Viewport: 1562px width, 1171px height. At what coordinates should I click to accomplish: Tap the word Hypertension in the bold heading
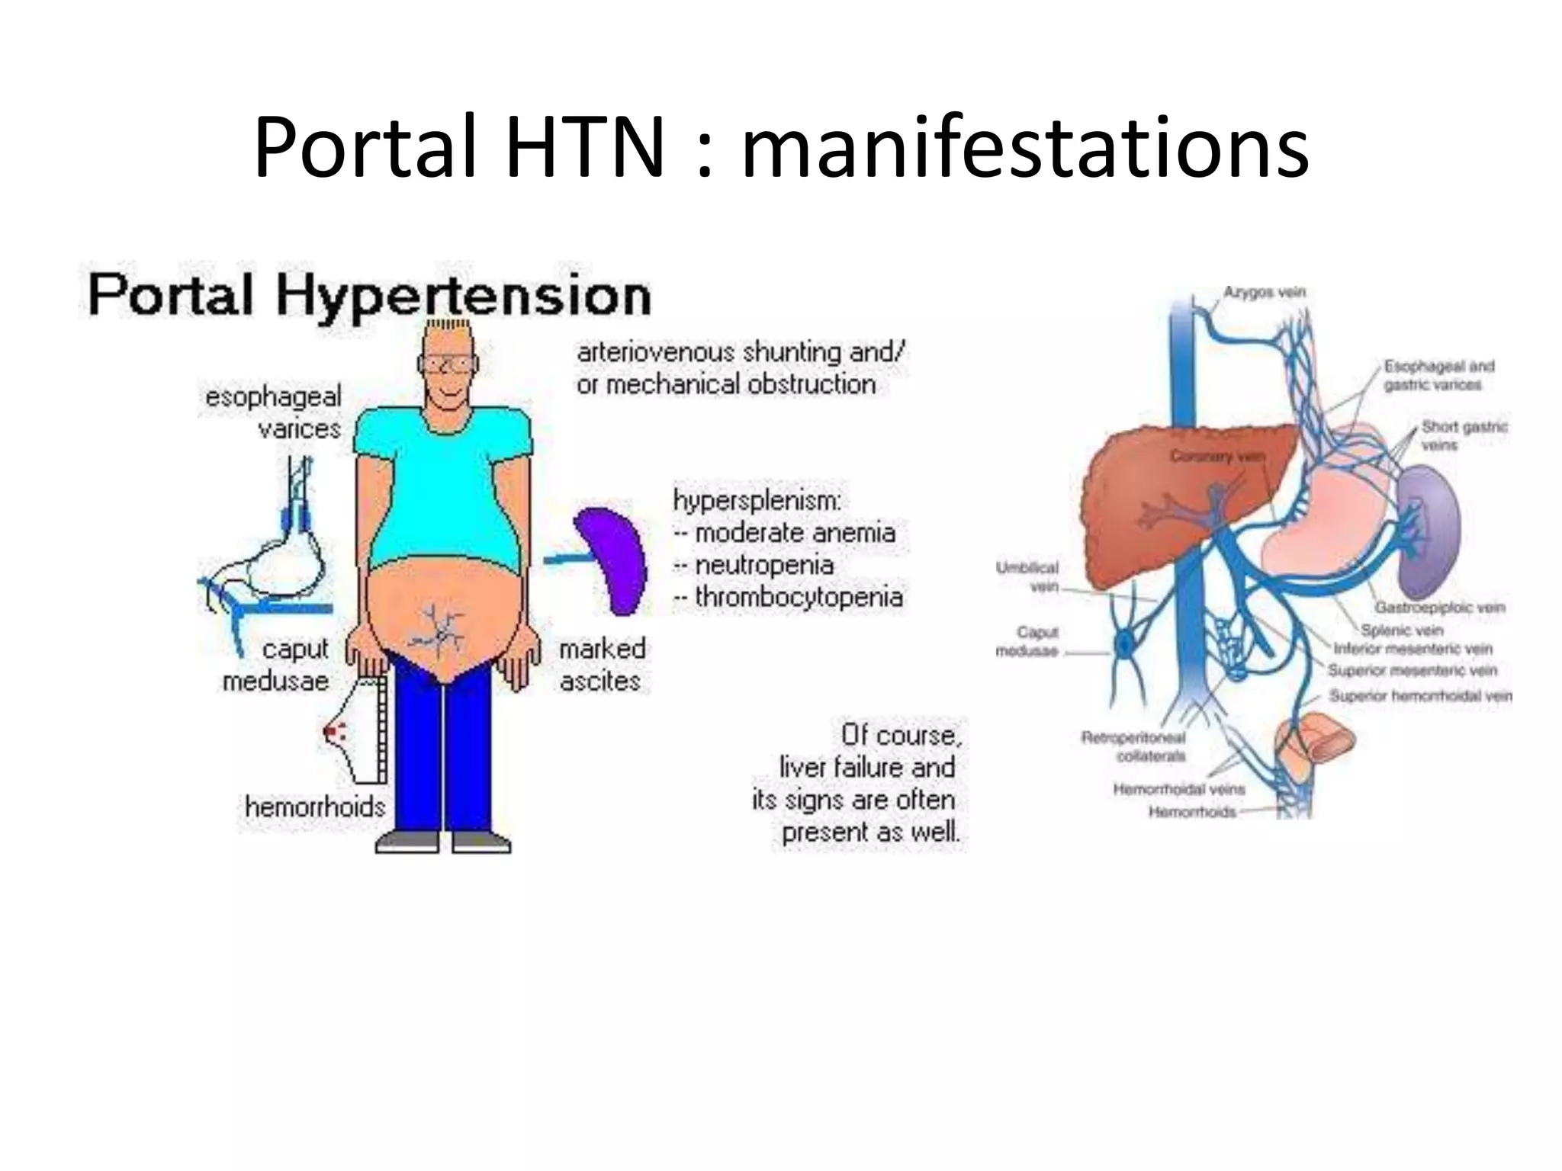coord(463,296)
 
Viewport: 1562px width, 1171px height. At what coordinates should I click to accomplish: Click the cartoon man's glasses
coord(448,364)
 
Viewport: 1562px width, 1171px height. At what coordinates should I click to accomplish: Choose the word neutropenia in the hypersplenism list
coord(764,565)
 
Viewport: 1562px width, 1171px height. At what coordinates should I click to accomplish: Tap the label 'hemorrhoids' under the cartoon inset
coord(315,807)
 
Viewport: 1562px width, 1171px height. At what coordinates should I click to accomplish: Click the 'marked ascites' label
coord(602,665)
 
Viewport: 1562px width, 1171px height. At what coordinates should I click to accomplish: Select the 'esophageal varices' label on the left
coord(275,412)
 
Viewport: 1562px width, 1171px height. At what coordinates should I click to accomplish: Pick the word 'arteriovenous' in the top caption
coord(655,352)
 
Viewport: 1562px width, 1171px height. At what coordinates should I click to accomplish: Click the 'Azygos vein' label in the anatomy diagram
coord(1264,292)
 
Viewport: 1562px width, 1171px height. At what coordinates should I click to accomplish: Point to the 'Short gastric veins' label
coord(1463,435)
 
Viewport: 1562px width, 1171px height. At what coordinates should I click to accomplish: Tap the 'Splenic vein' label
coord(1402,630)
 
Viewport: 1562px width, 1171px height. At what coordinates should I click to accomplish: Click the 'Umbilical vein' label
coord(1028,576)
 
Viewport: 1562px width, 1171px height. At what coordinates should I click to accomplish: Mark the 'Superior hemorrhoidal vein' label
coord(1419,695)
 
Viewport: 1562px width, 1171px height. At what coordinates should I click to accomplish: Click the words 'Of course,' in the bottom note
coord(901,735)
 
